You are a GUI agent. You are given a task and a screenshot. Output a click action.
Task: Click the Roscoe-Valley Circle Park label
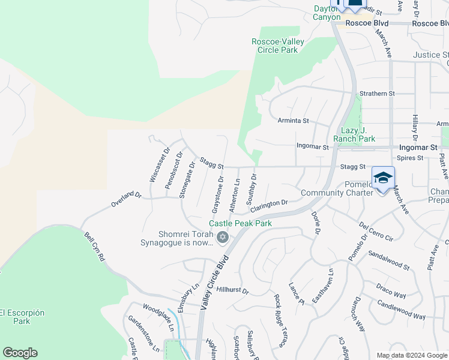[x=277, y=46]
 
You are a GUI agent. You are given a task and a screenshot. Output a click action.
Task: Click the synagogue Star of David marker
[x=222, y=238]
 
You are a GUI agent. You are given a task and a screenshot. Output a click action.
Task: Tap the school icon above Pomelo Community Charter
[x=383, y=177]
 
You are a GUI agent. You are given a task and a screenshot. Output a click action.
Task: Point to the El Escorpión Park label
[x=22, y=317]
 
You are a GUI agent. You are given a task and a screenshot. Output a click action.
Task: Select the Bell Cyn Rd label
[x=94, y=247]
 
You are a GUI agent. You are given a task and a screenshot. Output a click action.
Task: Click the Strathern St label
[x=377, y=94]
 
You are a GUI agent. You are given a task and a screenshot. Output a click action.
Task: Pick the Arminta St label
[x=293, y=121]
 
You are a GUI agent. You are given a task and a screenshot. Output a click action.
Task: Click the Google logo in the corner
[x=20, y=353]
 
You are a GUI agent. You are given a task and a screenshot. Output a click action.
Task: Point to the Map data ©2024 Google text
[x=412, y=355]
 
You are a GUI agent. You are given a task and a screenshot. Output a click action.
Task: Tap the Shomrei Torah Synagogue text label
[x=177, y=238]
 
